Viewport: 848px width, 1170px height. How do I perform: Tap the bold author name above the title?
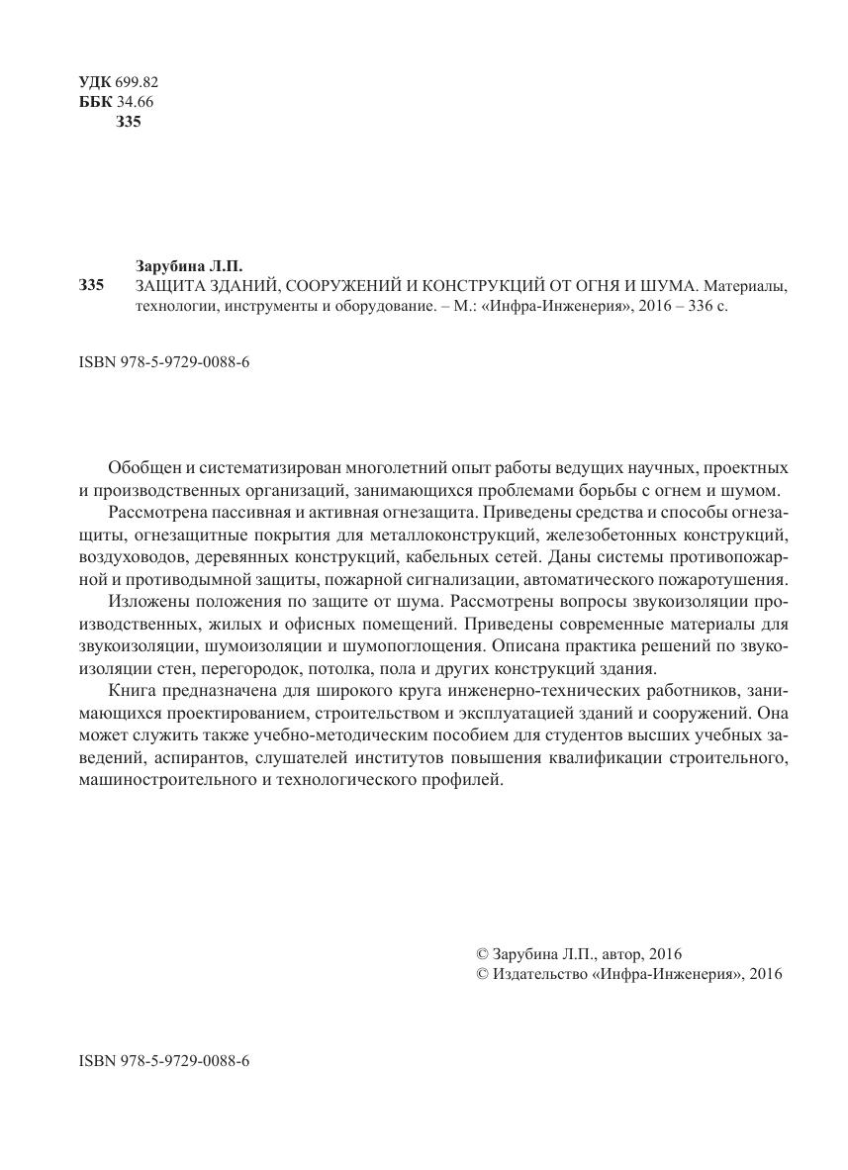[x=187, y=266]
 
